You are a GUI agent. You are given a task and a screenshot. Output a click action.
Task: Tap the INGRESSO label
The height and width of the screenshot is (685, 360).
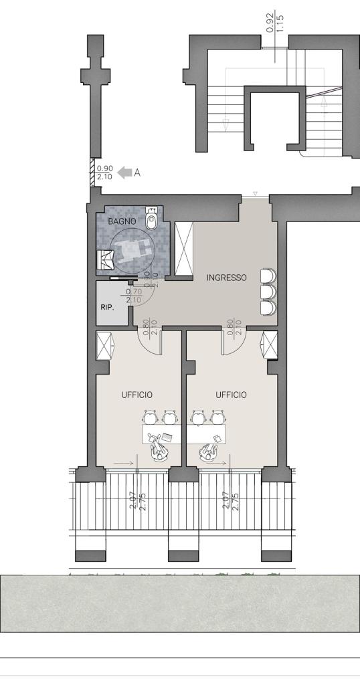pyautogui.click(x=227, y=278)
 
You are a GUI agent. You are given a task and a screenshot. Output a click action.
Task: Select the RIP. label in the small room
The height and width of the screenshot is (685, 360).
pyautogui.click(x=107, y=307)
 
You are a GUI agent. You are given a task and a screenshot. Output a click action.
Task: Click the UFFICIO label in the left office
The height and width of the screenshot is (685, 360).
pyautogui.click(x=137, y=395)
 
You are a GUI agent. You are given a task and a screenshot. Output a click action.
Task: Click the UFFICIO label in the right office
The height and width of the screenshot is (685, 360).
pyautogui.click(x=231, y=395)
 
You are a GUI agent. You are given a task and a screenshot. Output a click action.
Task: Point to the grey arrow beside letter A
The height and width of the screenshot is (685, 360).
pyautogui.click(x=125, y=173)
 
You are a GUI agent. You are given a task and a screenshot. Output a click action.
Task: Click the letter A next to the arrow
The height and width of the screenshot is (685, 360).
pyautogui.click(x=137, y=173)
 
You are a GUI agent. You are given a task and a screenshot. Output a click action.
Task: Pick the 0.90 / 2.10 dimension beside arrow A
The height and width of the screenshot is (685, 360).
pyautogui.click(x=104, y=173)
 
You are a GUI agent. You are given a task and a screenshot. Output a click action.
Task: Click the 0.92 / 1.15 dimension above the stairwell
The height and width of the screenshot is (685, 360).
pyautogui.click(x=275, y=23)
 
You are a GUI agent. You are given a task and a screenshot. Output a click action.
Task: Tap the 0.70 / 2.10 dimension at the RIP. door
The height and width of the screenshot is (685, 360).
pyautogui.click(x=133, y=296)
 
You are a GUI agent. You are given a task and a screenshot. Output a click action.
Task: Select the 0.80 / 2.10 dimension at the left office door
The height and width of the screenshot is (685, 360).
pyautogui.click(x=149, y=326)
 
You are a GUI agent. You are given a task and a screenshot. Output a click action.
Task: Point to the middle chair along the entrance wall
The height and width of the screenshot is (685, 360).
pyautogui.click(x=268, y=291)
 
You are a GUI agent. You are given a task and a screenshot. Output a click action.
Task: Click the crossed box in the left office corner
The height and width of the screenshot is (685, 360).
pyautogui.click(x=105, y=345)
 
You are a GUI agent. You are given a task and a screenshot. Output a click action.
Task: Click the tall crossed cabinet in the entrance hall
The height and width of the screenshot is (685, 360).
pyautogui.click(x=183, y=249)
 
